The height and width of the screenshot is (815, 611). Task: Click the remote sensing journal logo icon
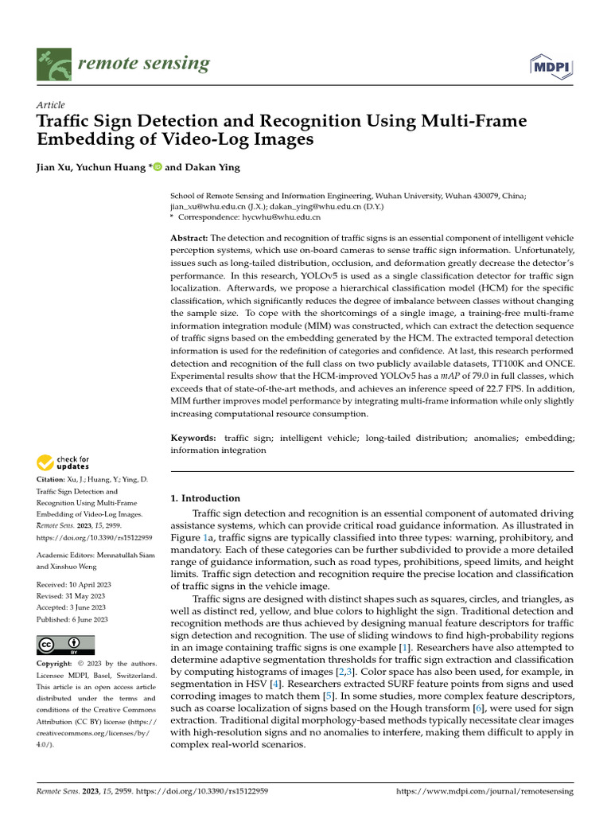54,64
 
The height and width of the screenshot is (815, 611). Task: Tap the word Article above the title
51,105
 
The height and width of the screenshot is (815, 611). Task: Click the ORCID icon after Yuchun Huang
157,168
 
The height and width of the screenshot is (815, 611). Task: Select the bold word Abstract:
189,239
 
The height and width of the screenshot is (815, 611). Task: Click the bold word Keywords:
193,439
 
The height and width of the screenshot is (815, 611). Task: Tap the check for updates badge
63,463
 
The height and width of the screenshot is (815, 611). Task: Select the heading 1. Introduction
206,498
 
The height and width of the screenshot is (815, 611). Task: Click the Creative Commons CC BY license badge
65,645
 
